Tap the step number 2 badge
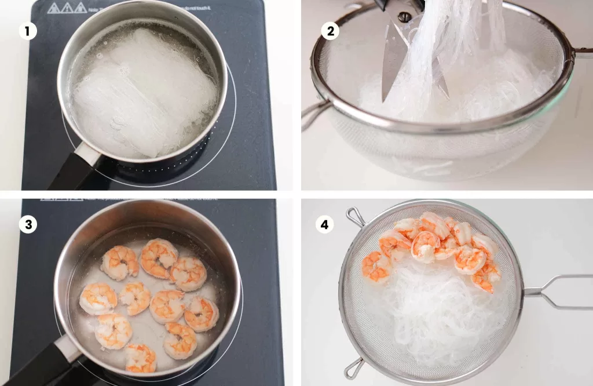click(x=330, y=31)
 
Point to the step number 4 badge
click(x=325, y=225)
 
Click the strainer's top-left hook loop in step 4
click(x=354, y=217)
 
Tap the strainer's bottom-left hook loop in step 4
click(x=353, y=368)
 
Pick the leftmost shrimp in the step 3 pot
click(x=97, y=298)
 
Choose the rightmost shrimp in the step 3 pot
click(x=202, y=314)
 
